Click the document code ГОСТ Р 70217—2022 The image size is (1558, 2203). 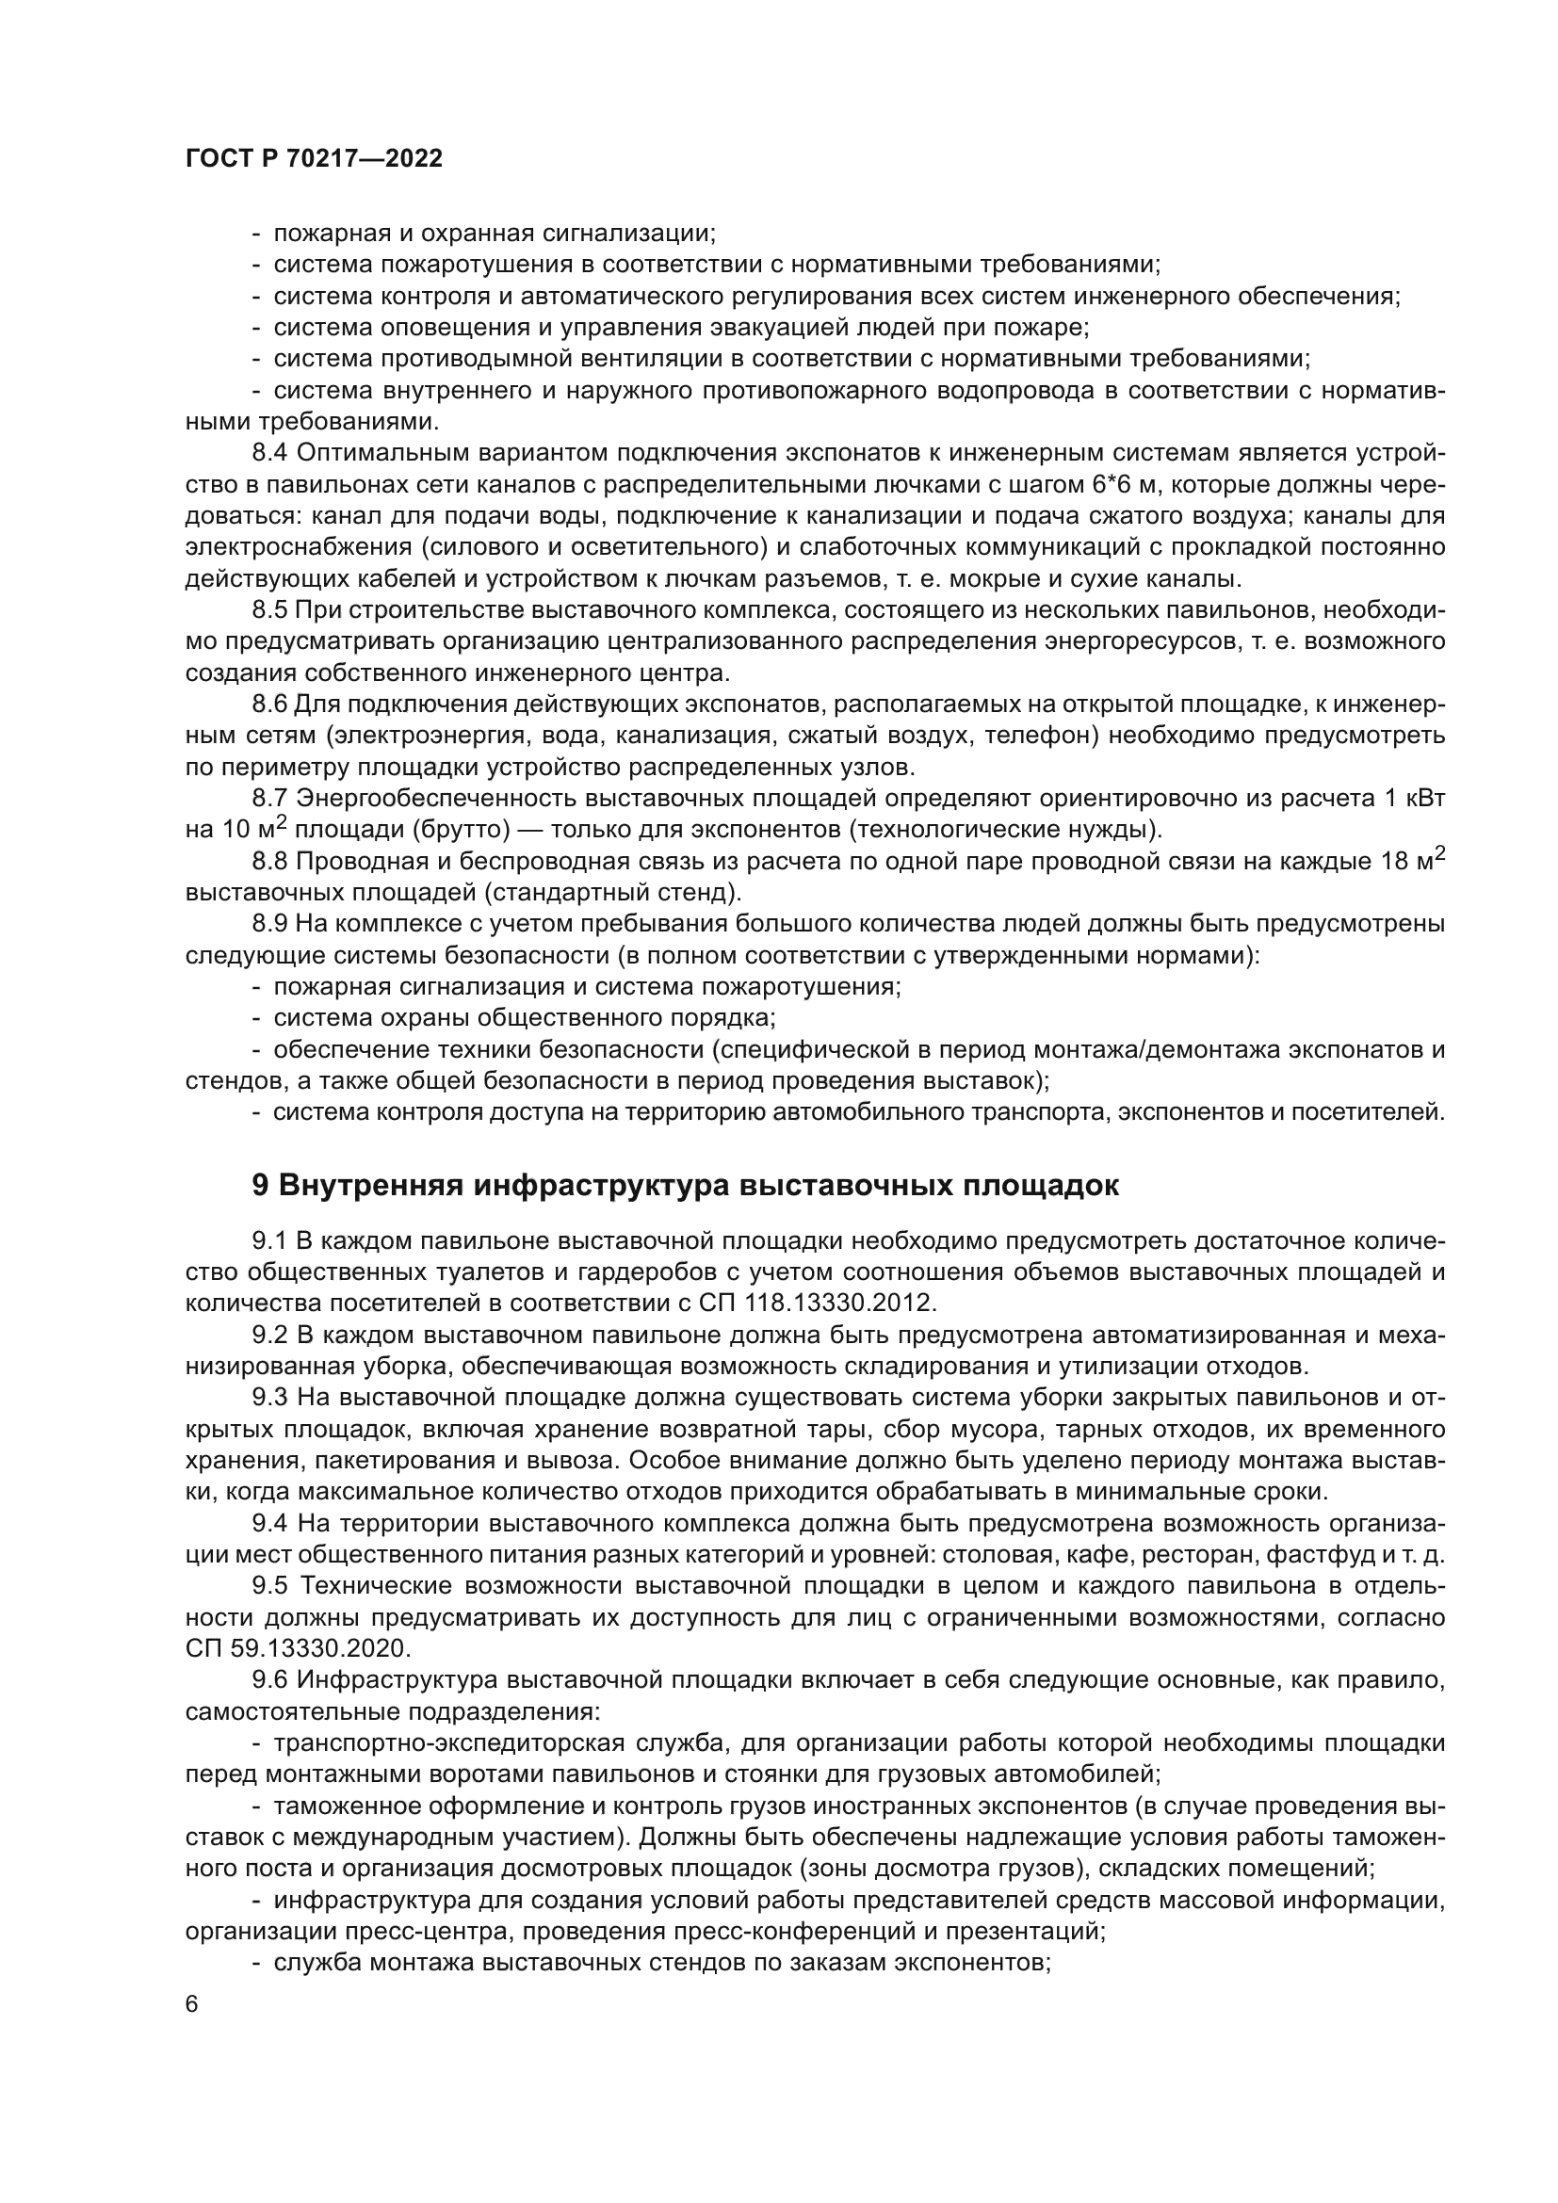click(x=314, y=159)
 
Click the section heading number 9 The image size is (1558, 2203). click(x=260, y=1186)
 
